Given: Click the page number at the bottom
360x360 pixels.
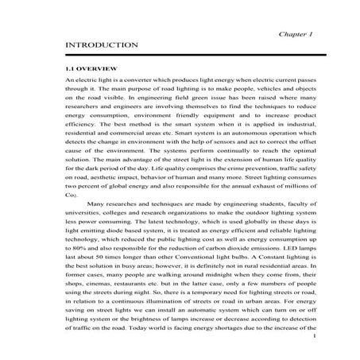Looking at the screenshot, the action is (315, 337).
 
